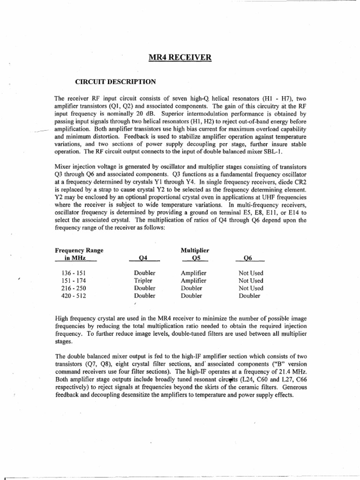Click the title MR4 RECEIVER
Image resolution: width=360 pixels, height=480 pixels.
click(180, 58)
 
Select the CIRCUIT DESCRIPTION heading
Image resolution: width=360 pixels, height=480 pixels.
click(115, 82)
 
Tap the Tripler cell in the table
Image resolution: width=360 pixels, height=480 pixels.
click(144, 280)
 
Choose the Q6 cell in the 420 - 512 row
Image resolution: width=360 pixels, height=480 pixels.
click(251, 296)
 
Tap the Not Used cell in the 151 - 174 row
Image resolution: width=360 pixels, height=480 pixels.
click(251, 280)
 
